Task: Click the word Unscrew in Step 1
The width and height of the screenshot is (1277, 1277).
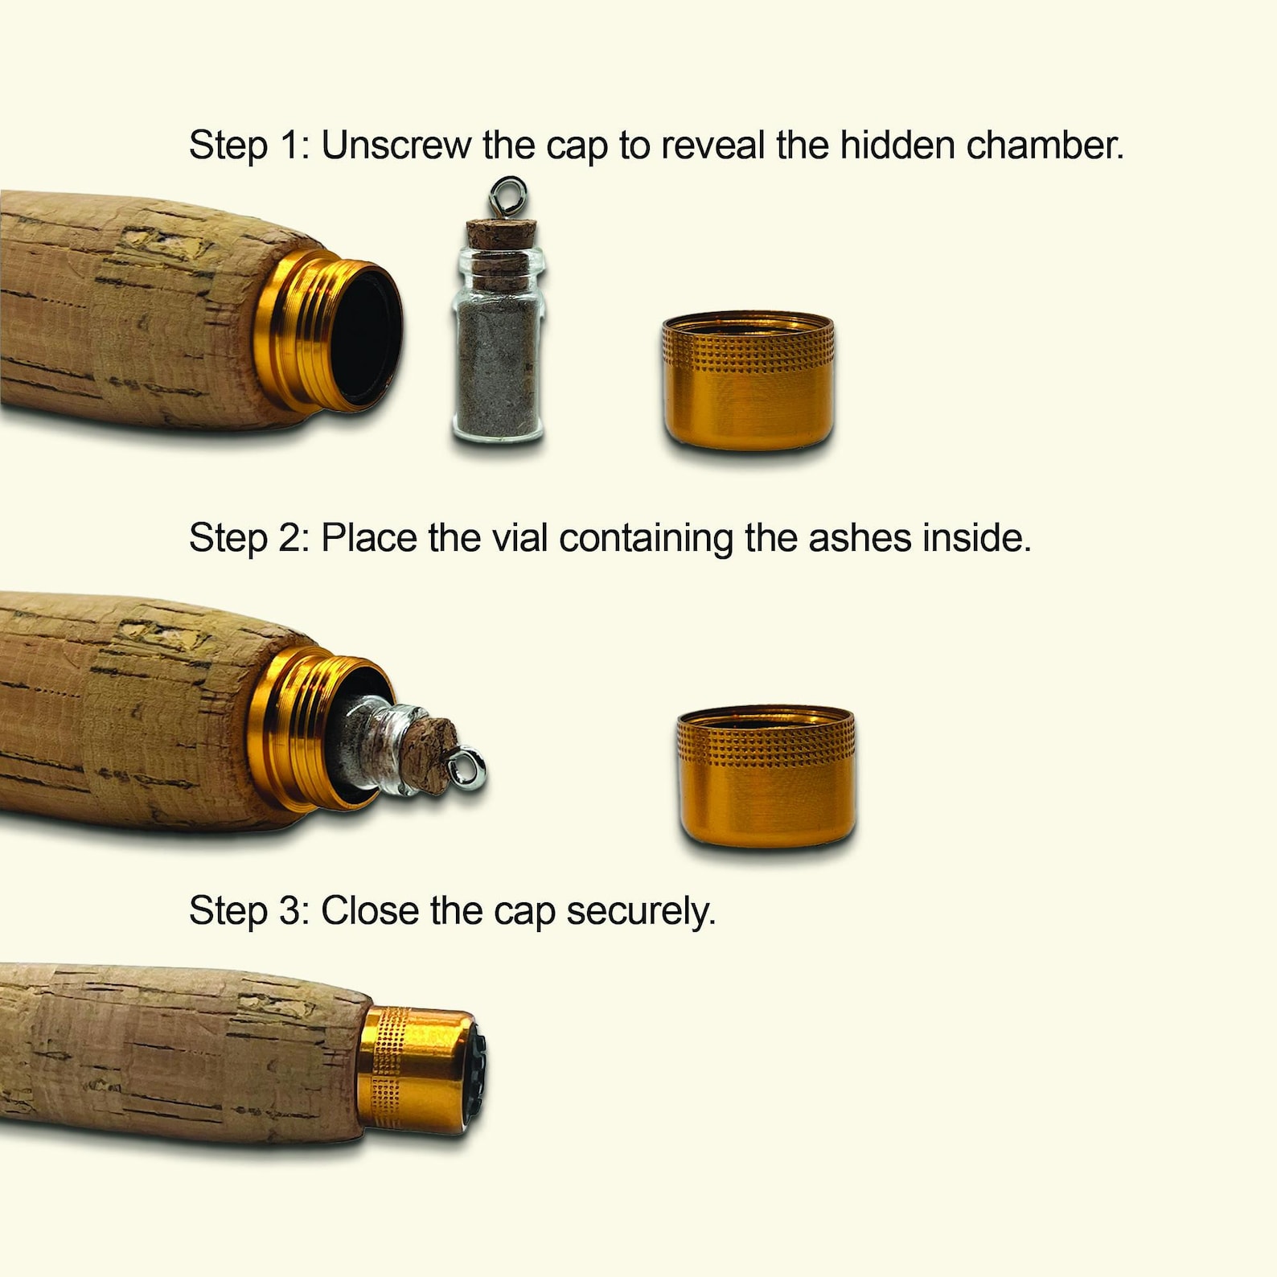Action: pos(396,146)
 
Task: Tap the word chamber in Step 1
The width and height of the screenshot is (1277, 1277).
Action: pos(1045,146)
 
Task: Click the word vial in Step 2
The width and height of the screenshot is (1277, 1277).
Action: pos(520,537)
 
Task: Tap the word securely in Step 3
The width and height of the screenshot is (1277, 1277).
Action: pos(641,911)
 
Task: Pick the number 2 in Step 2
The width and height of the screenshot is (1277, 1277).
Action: pos(291,537)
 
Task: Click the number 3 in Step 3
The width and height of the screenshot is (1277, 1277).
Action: pos(291,910)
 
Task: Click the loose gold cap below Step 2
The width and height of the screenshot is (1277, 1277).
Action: pos(766,776)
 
